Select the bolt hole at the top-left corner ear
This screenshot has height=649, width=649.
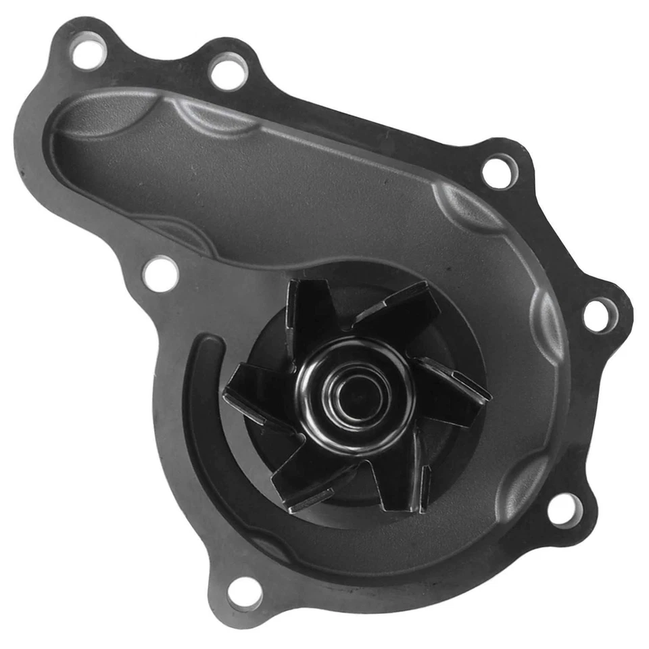(x=89, y=53)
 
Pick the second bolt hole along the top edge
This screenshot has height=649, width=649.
(x=228, y=72)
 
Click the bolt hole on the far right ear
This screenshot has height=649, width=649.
(x=599, y=315)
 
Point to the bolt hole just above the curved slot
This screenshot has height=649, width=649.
(x=161, y=274)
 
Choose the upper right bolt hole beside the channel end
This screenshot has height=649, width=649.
(x=500, y=171)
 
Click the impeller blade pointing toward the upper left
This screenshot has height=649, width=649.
(x=308, y=311)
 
